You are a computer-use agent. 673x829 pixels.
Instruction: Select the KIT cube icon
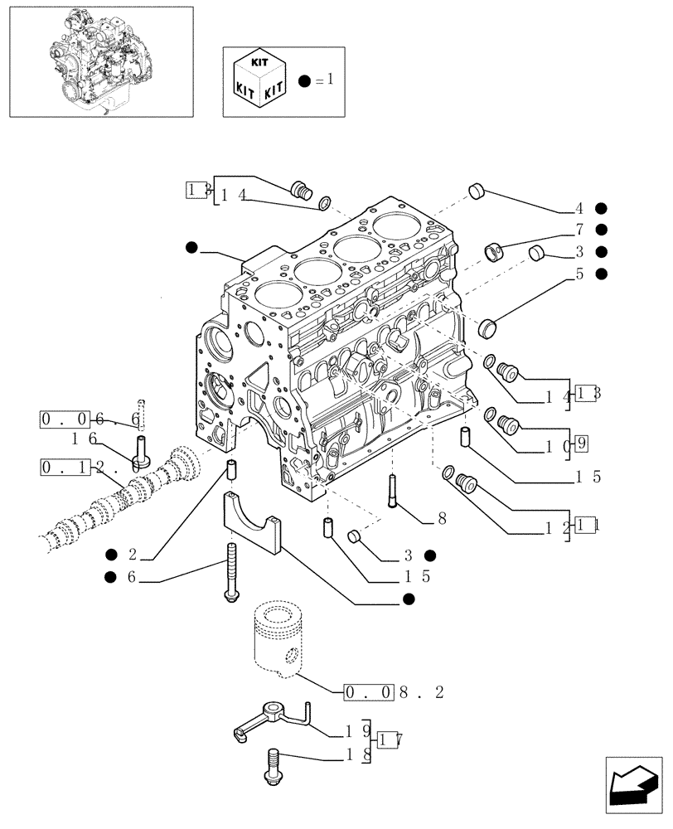coord(259,80)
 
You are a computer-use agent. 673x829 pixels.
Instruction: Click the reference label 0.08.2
coord(395,691)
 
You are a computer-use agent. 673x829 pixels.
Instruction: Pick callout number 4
coord(580,208)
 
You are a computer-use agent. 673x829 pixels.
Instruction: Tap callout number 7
coord(580,230)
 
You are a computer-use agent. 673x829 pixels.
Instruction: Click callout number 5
coord(580,273)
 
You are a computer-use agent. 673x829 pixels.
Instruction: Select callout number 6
coord(131,577)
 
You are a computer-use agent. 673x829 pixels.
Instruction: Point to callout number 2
coord(131,554)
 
